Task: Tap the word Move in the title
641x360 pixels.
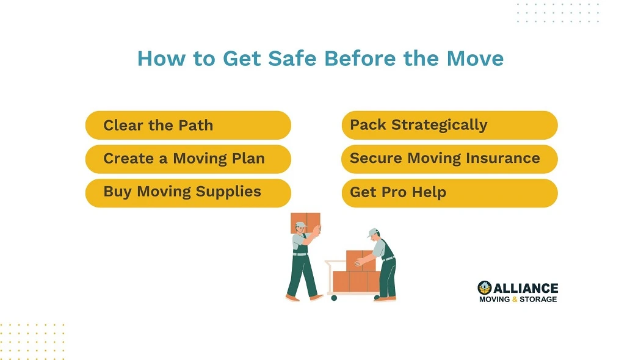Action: click(475, 59)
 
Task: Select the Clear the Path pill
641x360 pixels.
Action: click(188, 125)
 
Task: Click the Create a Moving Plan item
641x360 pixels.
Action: click(188, 159)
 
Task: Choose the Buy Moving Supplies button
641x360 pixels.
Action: click(188, 192)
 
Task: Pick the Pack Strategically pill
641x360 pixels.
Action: click(449, 125)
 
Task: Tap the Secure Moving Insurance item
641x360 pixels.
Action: click(449, 159)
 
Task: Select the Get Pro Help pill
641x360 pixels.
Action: click(449, 192)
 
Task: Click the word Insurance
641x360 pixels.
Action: click(502, 159)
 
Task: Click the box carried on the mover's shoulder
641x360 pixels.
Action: click(306, 221)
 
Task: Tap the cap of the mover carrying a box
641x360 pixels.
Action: click(300, 225)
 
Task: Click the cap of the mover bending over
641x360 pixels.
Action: click(373, 232)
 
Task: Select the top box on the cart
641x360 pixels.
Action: click(360, 260)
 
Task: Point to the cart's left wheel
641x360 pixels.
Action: click(333, 298)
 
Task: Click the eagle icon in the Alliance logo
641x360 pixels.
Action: click(485, 287)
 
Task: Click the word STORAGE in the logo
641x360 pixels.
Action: click(538, 300)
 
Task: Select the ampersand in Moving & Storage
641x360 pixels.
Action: click(515, 300)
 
